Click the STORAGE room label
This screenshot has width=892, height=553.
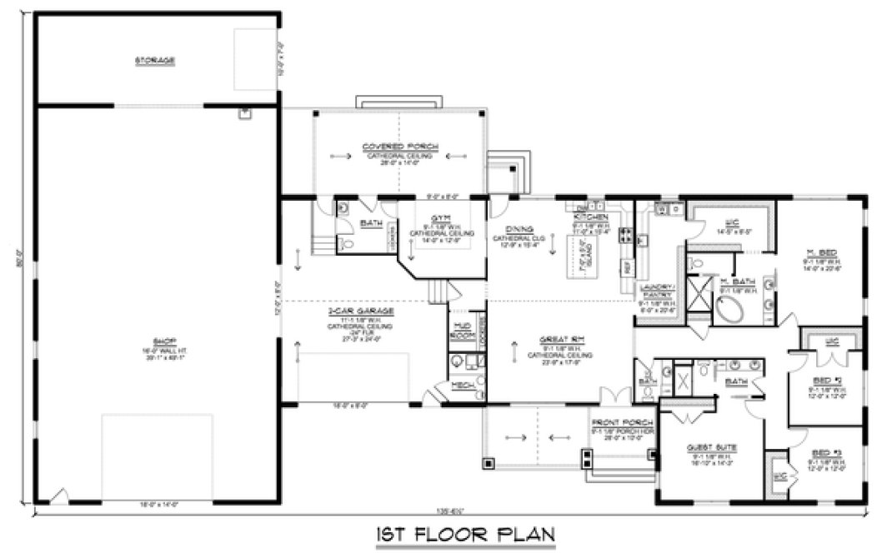(x=156, y=60)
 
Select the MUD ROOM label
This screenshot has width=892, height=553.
(x=461, y=330)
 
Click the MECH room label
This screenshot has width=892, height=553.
(x=463, y=386)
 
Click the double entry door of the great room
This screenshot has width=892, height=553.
(x=615, y=396)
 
